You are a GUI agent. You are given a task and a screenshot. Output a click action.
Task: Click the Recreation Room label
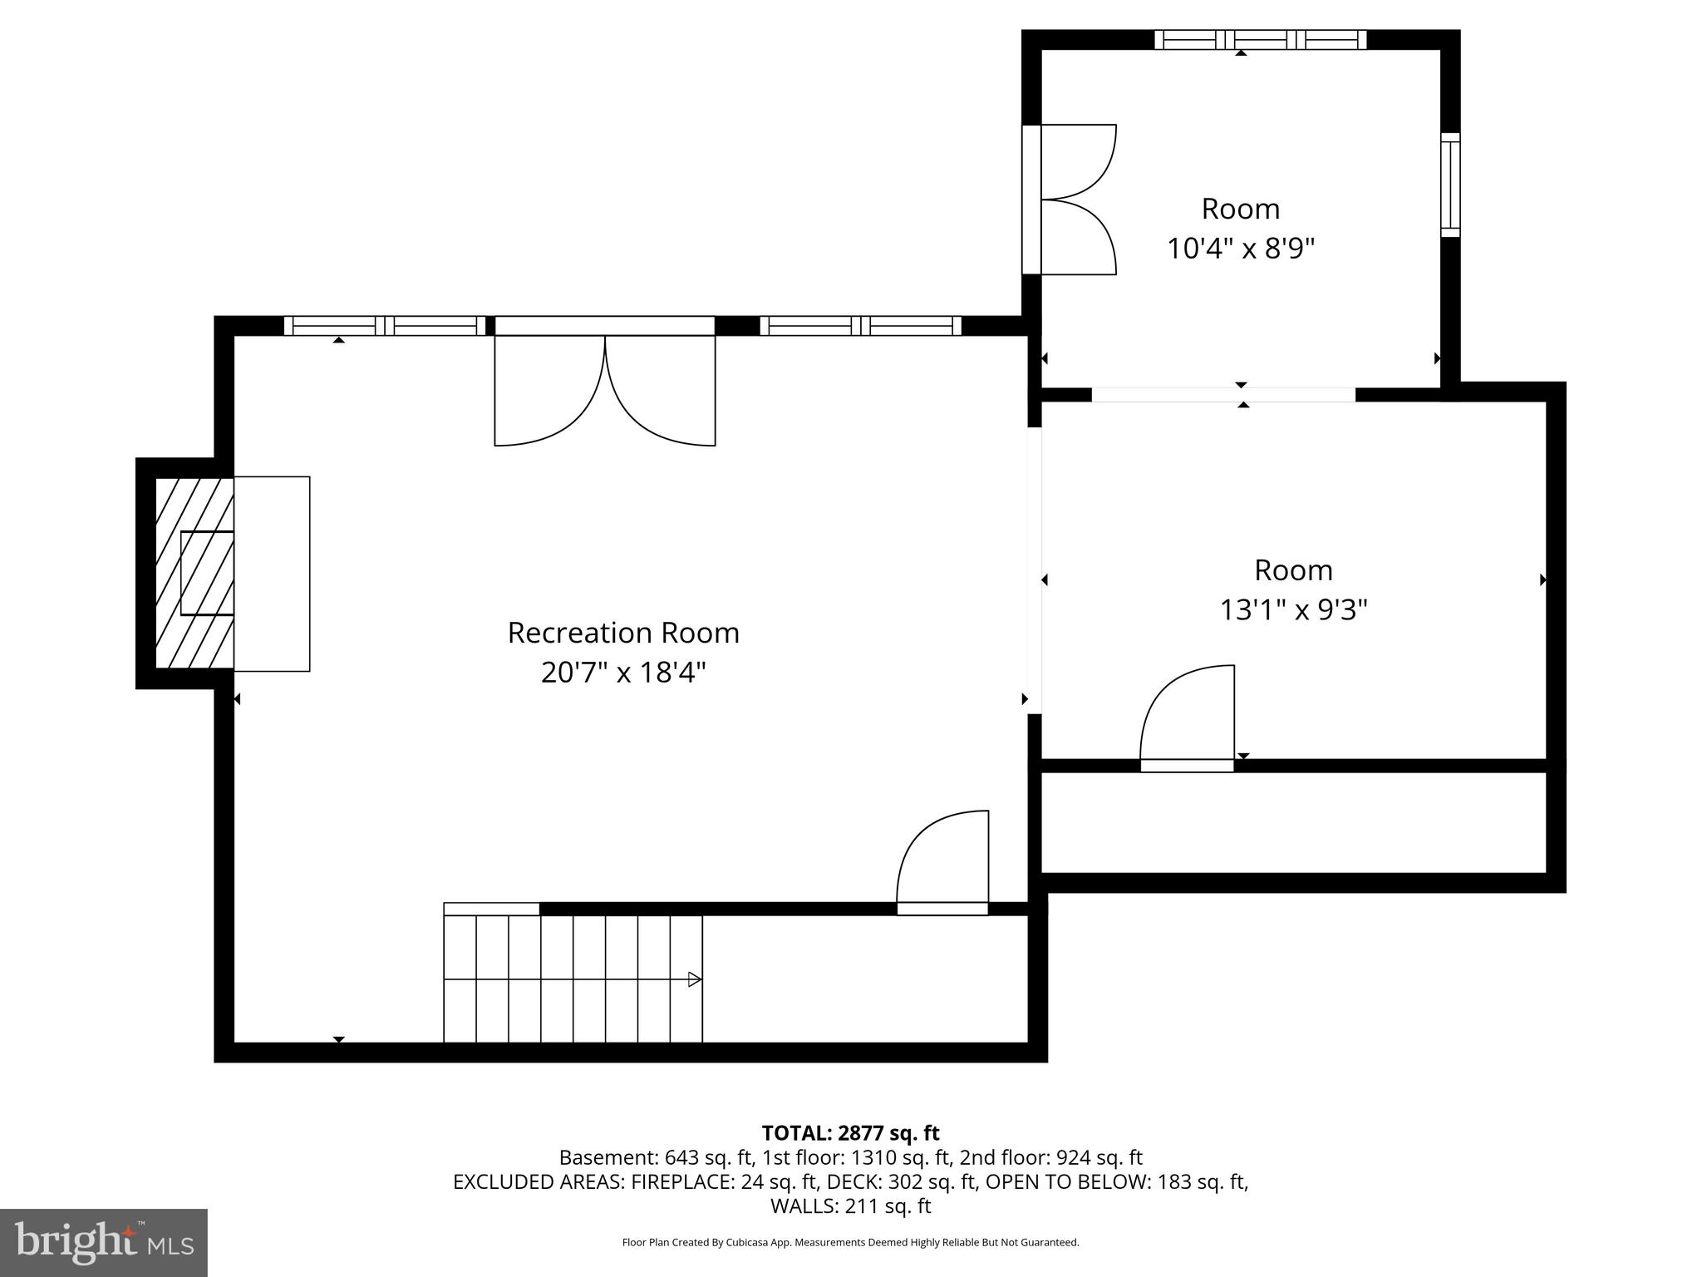click(x=623, y=633)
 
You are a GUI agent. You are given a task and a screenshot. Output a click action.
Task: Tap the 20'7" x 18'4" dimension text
click(x=623, y=673)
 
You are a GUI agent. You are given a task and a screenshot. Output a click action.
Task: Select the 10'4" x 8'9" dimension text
click(x=1241, y=249)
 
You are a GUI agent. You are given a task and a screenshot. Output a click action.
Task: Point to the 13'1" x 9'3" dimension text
click(x=1293, y=610)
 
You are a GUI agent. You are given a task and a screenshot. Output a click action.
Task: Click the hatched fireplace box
click(x=194, y=574)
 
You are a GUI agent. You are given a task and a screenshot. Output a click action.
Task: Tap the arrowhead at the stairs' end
click(x=695, y=979)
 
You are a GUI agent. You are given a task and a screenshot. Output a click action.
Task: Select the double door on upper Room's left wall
click(x=1072, y=200)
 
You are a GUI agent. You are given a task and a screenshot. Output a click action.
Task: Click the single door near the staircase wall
click(x=943, y=860)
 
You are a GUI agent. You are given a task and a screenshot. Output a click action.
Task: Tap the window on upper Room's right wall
click(x=1449, y=185)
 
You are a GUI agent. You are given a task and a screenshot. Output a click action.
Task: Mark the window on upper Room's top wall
click(x=1260, y=39)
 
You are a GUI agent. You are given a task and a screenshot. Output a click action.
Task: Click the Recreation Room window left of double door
click(x=384, y=326)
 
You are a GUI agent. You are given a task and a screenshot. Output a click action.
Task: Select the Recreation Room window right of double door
click(x=860, y=326)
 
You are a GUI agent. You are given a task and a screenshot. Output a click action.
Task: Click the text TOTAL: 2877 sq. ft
click(x=850, y=1133)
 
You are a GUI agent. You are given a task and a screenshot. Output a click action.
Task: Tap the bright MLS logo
click(x=103, y=1242)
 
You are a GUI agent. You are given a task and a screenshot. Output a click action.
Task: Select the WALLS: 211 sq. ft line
click(x=850, y=1206)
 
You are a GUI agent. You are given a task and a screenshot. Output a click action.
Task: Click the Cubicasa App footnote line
click(x=850, y=1243)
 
